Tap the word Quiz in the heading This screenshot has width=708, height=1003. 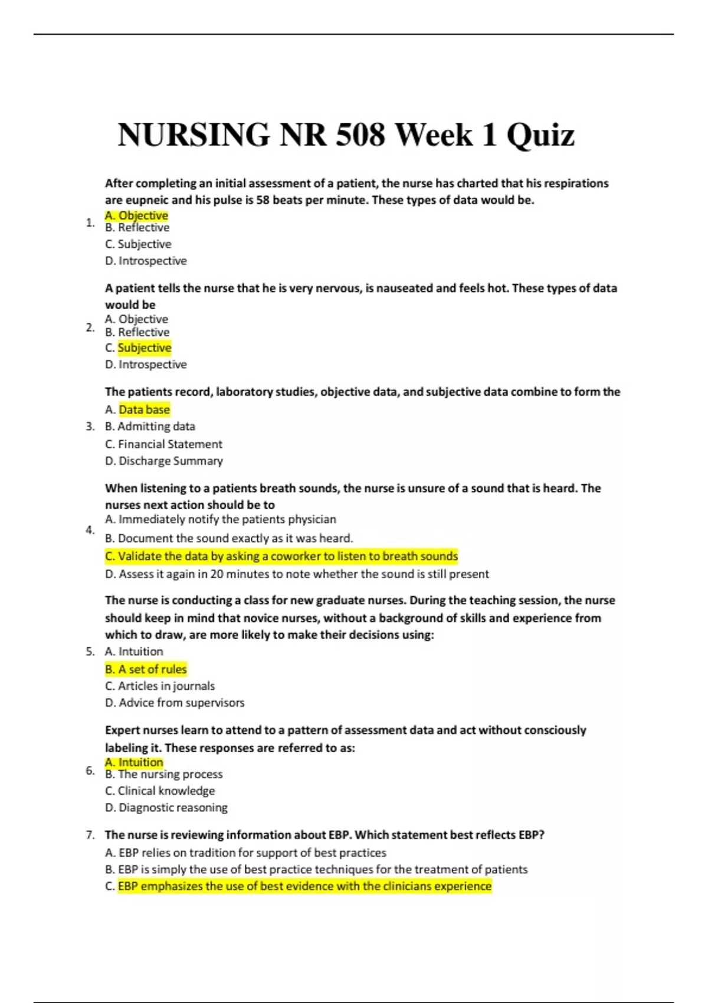coord(540,135)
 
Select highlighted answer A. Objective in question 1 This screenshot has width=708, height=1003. coord(136,215)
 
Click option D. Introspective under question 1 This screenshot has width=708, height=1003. coord(146,261)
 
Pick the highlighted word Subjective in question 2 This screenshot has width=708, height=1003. coord(145,348)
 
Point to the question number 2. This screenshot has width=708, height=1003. coord(90,327)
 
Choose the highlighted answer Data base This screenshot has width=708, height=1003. coord(144,409)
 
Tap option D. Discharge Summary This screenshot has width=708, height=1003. coord(163,461)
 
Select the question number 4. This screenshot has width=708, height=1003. coord(90,530)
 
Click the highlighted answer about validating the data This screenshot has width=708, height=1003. coord(281,556)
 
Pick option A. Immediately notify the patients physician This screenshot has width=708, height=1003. coord(220,519)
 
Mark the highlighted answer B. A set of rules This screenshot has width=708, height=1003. coord(146,669)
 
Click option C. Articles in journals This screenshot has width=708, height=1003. coord(159,686)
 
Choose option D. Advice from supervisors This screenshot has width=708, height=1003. coord(174,703)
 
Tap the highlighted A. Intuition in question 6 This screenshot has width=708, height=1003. coord(134,762)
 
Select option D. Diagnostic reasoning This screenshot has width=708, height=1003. coord(166,808)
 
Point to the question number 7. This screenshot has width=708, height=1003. coord(90,835)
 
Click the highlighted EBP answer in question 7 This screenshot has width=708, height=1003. coord(304,886)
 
